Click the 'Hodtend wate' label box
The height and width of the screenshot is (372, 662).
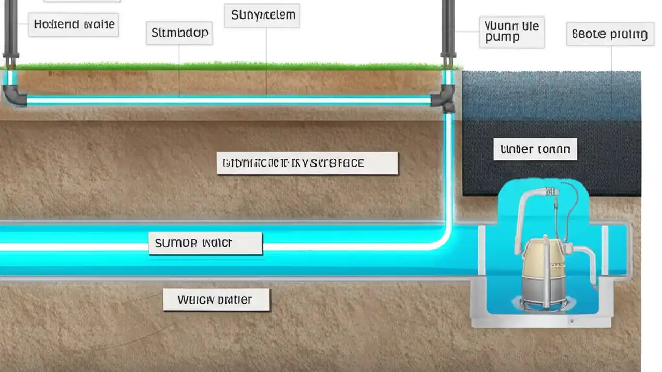coord(73,24)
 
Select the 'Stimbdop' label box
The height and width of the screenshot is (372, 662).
coord(179,33)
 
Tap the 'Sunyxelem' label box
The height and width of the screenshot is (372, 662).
coord(262,16)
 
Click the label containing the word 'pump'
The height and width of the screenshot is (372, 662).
coord(511,32)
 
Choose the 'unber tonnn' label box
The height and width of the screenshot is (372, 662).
coord(535,149)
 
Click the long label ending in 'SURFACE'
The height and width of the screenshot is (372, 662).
coord(307,163)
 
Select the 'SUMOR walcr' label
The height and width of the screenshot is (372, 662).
coord(205,243)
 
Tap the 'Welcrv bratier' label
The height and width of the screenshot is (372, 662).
coord(216,300)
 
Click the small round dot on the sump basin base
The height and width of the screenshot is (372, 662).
coord(571,321)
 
